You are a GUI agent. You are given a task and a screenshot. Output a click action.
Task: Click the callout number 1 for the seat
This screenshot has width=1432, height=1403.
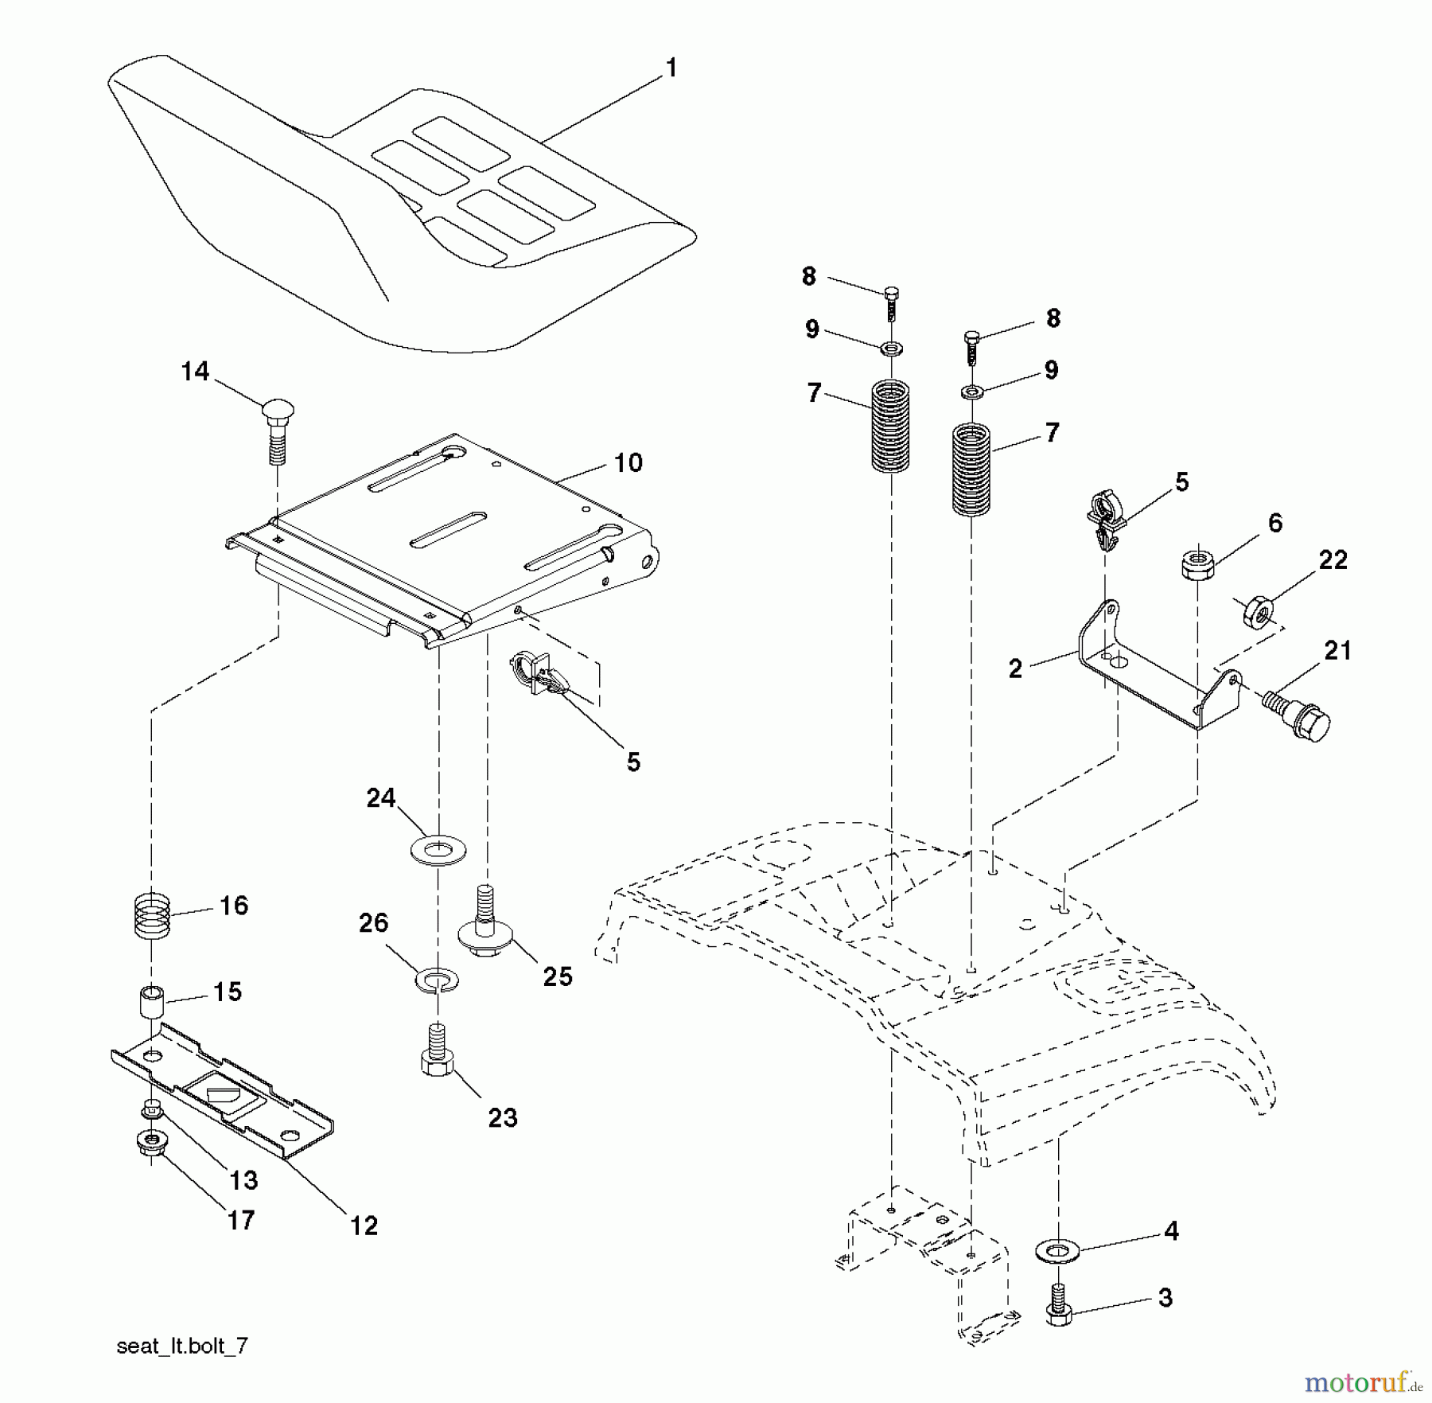point(671,68)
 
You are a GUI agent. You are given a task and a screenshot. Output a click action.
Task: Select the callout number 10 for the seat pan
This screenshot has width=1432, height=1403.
point(628,462)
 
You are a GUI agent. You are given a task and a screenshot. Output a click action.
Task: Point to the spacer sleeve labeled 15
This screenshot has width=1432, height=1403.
point(151,1001)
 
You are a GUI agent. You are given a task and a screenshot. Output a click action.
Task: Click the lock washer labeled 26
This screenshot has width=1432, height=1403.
point(436,979)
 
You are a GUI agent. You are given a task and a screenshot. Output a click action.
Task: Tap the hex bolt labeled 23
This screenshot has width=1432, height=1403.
point(436,1050)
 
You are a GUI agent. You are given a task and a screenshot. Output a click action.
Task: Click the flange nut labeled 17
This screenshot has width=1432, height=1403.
point(151,1145)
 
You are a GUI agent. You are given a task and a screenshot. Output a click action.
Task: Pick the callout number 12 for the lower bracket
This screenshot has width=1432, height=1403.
point(364,1225)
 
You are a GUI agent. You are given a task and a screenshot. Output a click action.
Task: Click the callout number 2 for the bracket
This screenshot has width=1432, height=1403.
point(1015,668)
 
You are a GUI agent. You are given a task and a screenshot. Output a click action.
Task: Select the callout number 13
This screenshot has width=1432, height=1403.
point(243,1180)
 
